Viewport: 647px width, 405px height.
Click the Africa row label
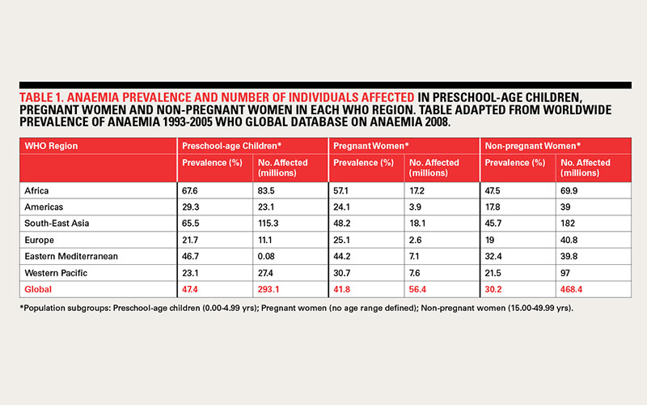pos(36,190)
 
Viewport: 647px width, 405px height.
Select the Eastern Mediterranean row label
pos(71,256)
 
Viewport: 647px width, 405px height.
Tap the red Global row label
pos(38,289)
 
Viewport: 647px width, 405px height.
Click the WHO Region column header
pos(51,146)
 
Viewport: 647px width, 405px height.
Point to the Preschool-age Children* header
pos(231,146)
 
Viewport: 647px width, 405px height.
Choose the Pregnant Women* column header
pos(371,146)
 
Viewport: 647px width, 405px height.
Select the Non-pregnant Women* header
pos(533,146)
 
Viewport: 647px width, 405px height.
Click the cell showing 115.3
pos(269,224)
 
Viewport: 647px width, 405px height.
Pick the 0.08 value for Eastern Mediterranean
pos(266,256)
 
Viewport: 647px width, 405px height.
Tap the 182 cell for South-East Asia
pos(568,224)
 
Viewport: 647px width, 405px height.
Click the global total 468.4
pos(572,289)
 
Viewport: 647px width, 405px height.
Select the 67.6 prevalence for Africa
pos(190,190)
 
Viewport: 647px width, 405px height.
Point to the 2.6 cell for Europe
pos(415,240)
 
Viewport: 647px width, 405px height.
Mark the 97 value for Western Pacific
pos(565,273)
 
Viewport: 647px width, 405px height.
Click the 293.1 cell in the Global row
pos(269,289)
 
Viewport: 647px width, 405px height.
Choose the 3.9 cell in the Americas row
pos(415,207)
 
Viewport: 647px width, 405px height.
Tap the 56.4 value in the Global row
pos(417,289)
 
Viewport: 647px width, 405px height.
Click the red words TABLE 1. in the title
pos(41,97)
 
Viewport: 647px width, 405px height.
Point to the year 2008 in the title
pos(437,122)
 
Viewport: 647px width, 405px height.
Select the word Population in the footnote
pos(44,309)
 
